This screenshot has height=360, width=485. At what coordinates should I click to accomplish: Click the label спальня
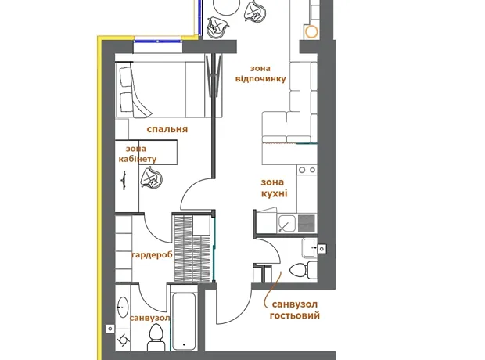pyautogui.click(x=167, y=129)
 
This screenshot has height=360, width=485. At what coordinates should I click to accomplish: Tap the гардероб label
pyautogui.click(x=152, y=255)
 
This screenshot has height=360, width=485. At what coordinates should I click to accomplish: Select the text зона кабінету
pyautogui.click(x=138, y=154)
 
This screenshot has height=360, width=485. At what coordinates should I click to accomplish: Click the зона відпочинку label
pyautogui.click(x=260, y=74)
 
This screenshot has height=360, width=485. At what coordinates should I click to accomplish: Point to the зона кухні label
pyautogui.click(x=274, y=188)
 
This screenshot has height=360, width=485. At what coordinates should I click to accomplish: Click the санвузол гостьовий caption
pyautogui.click(x=294, y=310)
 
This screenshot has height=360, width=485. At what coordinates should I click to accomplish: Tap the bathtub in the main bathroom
pyautogui.click(x=184, y=321)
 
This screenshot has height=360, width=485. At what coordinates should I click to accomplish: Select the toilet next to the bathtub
pyautogui.click(x=156, y=337)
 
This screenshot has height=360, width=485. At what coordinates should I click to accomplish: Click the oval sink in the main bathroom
pyautogui.click(x=123, y=308)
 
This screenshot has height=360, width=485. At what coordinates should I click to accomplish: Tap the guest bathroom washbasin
pyautogui.click(x=310, y=247)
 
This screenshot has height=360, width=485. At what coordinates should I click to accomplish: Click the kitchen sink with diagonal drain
pyautogui.click(x=287, y=223)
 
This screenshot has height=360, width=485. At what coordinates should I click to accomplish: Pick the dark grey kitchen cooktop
pyautogui.click(x=307, y=223)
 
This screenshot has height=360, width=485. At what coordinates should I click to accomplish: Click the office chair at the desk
pyautogui.click(x=151, y=178)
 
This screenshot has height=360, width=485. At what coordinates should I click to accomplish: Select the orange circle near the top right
pyautogui.click(x=311, y=31)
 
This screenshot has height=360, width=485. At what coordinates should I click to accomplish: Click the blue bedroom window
pyautogui.click(x=158, y=41)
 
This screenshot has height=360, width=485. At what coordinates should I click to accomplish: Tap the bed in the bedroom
pyautogui.click(x=169, y=90)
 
